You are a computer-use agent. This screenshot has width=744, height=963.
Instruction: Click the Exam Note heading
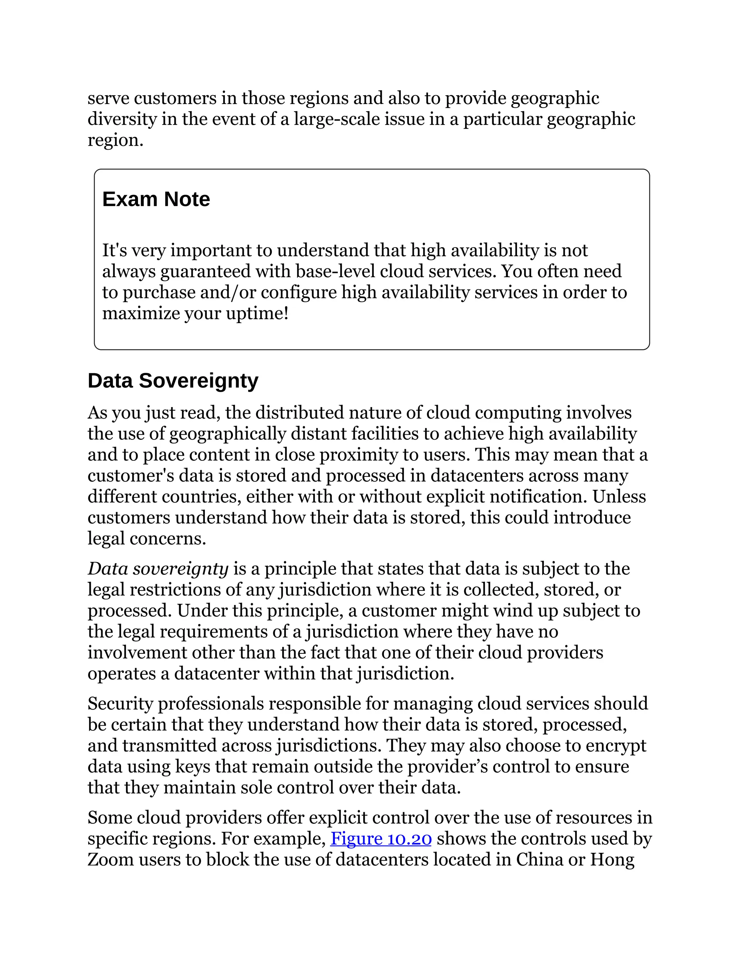click(156, 199)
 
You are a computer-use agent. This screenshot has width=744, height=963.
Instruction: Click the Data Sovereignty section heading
click(173, 380)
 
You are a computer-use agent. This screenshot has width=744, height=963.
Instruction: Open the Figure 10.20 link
click(381, 838)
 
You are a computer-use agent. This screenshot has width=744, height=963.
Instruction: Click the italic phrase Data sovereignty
click(158, 568)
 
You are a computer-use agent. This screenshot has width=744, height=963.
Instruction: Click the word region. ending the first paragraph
click(116, 140)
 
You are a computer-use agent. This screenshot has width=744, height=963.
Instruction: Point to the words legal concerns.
click(147, 539)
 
